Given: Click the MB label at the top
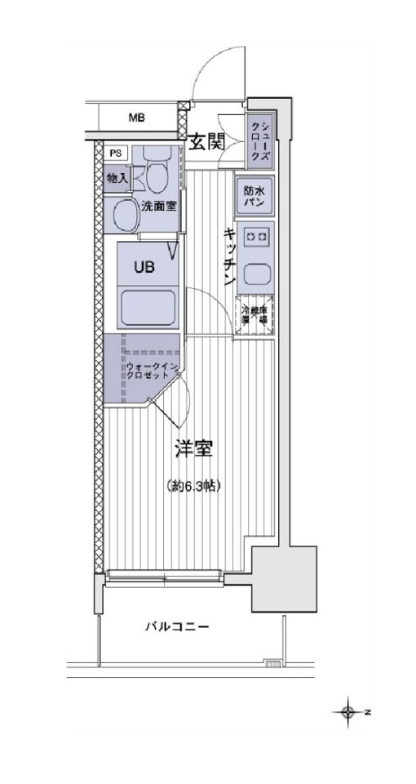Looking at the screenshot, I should coord(136,118).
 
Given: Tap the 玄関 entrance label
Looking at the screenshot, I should coord(207,142).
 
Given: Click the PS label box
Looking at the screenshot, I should coord(116,153).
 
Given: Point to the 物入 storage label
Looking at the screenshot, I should coord(116,176).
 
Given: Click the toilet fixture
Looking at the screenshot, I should coord(157,173).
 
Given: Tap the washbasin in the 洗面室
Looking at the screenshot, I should coord(125,217).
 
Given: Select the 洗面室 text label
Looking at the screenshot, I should coord(159,206).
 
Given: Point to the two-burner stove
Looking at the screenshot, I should coord(255,238).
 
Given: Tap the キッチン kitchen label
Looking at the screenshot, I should coord(230,256).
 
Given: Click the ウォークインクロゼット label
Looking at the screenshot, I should coord(151,372).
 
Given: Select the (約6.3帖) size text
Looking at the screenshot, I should coord(193,485).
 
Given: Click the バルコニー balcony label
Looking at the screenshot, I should coord(177,626).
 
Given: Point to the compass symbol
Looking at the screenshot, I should coord(349,712).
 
